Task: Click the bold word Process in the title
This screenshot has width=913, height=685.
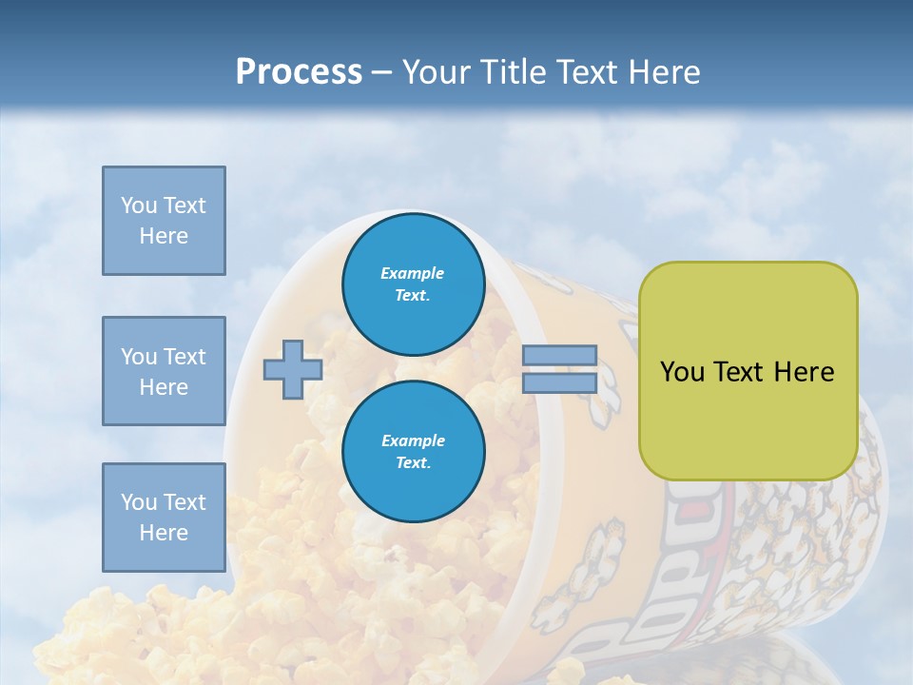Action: click(299, 72)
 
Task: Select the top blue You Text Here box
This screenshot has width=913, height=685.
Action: click(164, 221)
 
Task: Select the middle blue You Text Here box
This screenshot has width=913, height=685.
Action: click(164, 371)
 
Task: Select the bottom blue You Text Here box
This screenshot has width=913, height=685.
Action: click(164, 517)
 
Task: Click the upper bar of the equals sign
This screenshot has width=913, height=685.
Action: click(559, 355)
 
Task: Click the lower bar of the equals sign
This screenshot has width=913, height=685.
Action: click(559, 383)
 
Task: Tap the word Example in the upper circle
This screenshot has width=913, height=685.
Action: click(413, 273)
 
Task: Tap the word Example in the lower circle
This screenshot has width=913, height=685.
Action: click(413, 440)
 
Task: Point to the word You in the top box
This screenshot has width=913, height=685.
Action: click(139, 205)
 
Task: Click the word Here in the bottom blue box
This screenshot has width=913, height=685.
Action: click(164, 533)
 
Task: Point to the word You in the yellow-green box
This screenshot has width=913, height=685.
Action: click(682, 372)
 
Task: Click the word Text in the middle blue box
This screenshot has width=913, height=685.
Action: click(185, 357)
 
